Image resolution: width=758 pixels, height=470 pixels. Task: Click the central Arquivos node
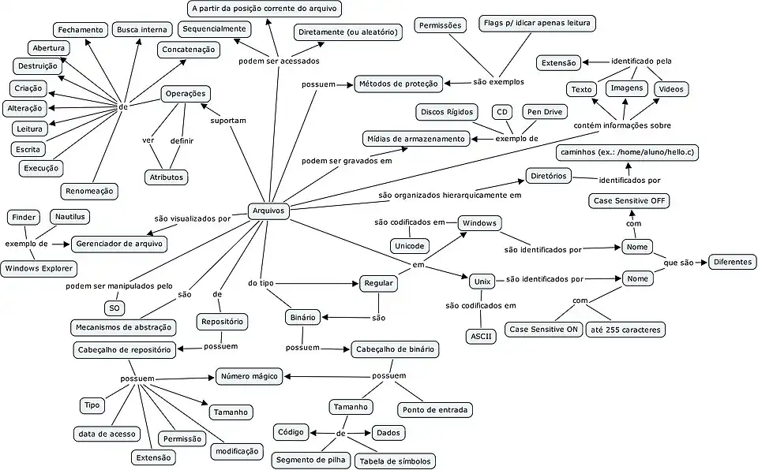coord(268,211)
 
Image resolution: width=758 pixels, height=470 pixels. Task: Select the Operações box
coord(186,94)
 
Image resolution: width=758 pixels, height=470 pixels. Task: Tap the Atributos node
coord(167,177)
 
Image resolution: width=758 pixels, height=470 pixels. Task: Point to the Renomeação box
coord(88,190)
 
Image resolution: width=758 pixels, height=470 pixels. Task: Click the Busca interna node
coord(141,30)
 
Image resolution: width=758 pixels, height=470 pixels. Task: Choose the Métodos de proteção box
coord(398,83)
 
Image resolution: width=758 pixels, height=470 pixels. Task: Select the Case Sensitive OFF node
coord(629,201)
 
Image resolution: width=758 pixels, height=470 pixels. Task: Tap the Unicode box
coord(410,246)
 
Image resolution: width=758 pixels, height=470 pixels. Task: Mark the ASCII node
coord(481,336)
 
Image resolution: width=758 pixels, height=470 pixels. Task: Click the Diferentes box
coord(732,262)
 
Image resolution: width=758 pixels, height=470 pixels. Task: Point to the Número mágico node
coord(250,377)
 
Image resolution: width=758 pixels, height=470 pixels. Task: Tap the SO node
coord(114,308)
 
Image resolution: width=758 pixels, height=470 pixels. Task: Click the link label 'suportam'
coord(228,121)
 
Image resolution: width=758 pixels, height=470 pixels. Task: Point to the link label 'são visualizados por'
coord(192,218)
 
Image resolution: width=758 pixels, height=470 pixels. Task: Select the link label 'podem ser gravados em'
coord(347,161)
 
